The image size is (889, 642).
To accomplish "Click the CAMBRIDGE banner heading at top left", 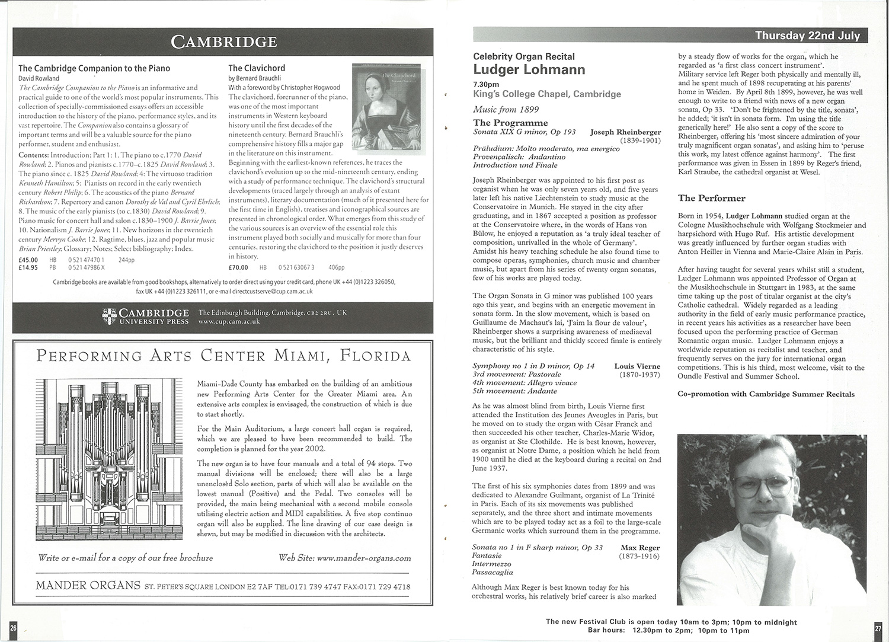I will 223,41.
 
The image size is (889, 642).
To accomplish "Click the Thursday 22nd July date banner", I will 807,36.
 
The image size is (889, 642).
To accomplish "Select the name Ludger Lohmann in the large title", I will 529,70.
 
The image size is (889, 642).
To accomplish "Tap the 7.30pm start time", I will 486,84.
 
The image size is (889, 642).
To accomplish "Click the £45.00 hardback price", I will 28,260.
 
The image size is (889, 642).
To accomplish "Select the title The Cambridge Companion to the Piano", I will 94,69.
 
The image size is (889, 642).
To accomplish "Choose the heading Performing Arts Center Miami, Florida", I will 223,356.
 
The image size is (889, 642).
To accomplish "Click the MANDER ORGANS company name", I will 88,586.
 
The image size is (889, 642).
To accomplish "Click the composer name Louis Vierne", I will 637,366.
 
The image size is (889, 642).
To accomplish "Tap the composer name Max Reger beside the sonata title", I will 640,547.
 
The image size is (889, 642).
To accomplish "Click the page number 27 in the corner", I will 878,628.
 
